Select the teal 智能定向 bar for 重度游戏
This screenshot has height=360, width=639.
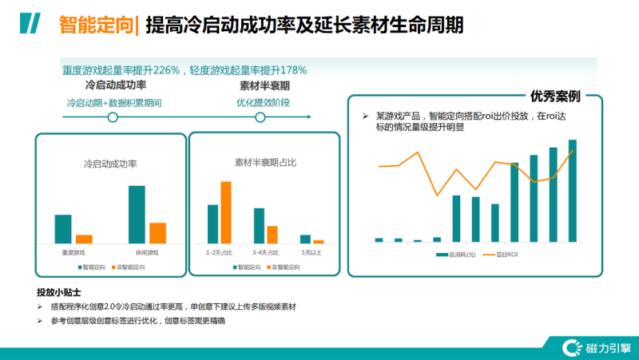[x=63, y=228]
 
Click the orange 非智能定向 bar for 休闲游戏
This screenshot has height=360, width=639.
[x=157, y=232]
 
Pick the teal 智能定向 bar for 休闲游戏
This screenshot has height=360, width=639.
[x=137, y=214]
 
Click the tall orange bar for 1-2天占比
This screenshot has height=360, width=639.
[x=226, y=212]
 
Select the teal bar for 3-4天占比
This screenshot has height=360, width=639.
[x=259, y=225]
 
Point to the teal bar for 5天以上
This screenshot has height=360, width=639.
[x=305, y=239]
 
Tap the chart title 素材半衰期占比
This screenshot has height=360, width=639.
[x=265, y=162]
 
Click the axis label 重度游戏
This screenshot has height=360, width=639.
[x=73, y=252]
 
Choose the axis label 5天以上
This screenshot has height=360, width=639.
[x=311, y=252]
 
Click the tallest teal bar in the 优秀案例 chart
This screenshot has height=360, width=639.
[x=594, y=190]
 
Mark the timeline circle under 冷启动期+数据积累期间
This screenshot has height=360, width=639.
[x=113, y=117]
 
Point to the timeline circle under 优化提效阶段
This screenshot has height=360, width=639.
[x=259, y=117]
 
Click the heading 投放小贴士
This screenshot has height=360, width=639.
[x=59, y=292]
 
